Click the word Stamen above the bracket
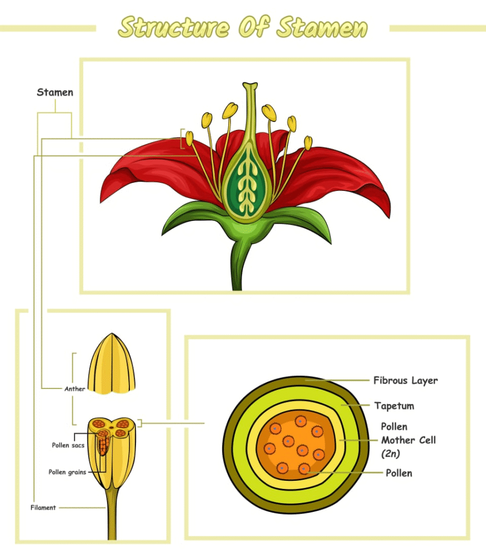pos(55,92)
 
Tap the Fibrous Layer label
pos(406,380)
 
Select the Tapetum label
pos(394,406)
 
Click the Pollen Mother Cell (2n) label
pos(408,440)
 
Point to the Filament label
pos(43,508)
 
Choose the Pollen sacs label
pos(68,445)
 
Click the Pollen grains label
pos(67,472)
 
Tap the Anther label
pos(74,389)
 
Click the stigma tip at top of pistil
pos(250,85)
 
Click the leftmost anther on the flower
pos(190,139)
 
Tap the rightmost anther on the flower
pos(308,143)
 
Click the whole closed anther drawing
pos(111,363)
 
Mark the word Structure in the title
pos(174,27)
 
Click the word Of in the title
pos(253,26)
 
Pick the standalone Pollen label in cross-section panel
pos(399,473)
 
